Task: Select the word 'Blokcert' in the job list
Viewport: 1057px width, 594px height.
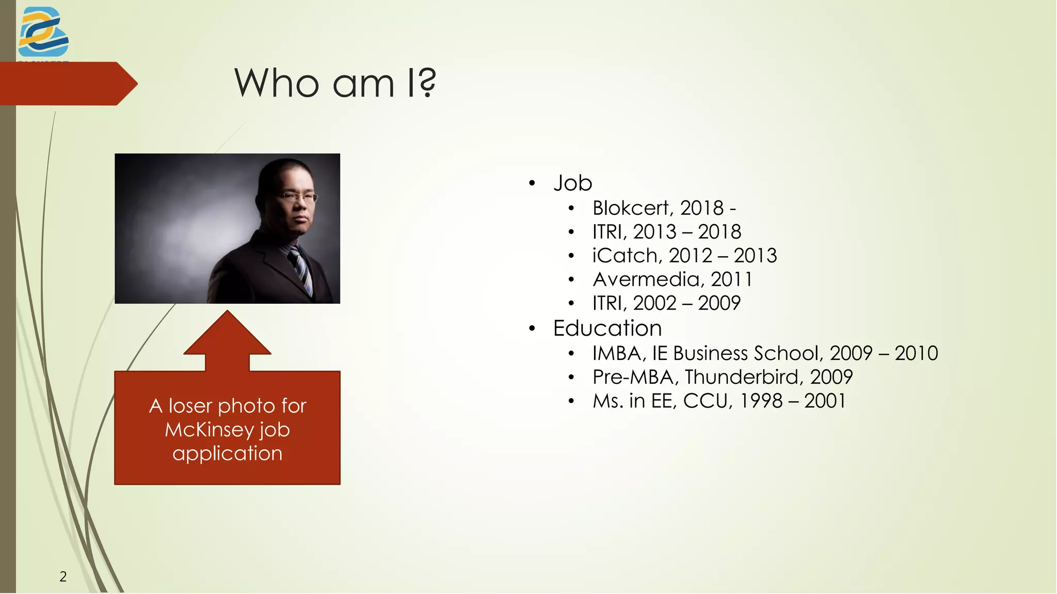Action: click(630, 208)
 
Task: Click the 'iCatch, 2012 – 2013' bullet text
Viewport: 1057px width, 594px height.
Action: click(684, 256)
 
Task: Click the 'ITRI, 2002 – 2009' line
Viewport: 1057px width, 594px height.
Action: click(666, 303)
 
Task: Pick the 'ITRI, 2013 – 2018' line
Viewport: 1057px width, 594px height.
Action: click(666, 232)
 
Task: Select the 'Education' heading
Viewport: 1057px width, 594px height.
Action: click(607, 329)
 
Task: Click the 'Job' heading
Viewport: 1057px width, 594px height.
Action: click(572, 183)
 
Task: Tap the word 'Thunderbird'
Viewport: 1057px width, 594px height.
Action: click(743, 377)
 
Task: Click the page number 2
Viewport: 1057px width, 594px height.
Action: click(63, 576)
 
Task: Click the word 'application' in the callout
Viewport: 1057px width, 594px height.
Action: click(227, 454)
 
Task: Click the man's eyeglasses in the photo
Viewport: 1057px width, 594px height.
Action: click(298, 197)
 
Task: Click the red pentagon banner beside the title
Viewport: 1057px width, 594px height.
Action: click(65, 84)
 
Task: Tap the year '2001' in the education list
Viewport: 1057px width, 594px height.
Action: click(825, 401)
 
